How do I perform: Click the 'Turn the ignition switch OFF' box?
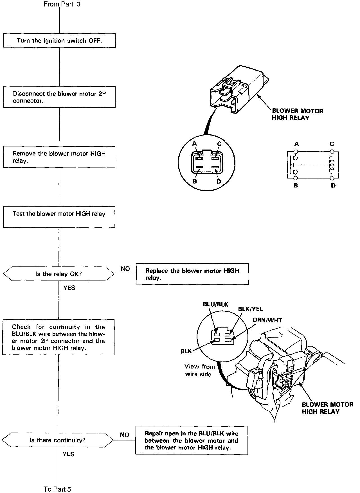coord(59,41)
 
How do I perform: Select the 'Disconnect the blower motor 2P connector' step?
coord(59,97)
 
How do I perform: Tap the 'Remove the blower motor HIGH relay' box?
coord(59,157)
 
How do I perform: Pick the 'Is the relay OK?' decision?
coord(58,274)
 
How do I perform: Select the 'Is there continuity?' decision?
coord(58,440)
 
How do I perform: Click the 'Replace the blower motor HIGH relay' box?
coord(192,274)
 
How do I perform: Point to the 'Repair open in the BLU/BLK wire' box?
coord(192,440)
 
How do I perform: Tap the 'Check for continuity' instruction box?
coord(58,337)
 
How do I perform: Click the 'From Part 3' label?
coord(62,4)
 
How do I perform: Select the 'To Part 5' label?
coord(57,489)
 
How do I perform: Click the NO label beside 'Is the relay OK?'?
coord(125,268)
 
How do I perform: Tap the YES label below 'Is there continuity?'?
coord(68,454)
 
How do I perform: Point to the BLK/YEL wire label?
coord(250,309)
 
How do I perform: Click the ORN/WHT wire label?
coord(267,320)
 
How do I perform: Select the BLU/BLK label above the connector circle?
coord(215,304)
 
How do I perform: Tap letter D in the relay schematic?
coord(333,186)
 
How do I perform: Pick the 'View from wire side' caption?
coord(199,370)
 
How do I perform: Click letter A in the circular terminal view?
coord(194,144)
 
